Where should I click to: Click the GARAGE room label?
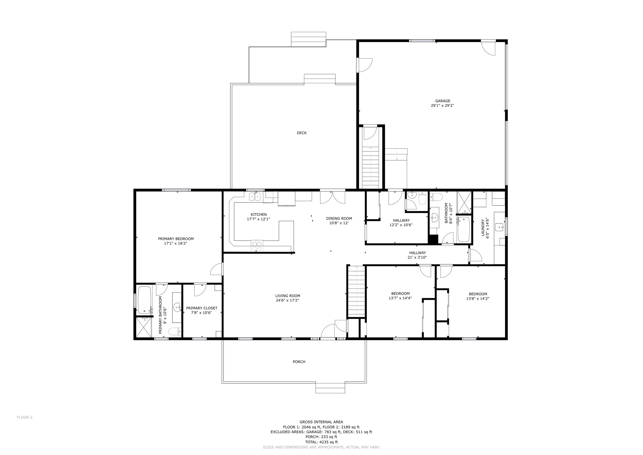(x=442, y=101)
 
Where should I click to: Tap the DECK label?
(x=302, y=133)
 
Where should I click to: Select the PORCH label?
(x=299, y=362)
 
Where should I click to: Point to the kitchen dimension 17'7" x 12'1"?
(x=258, y=219)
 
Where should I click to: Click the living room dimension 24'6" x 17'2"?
(x=287, y=300)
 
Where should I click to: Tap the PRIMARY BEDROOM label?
(x=176, y=239)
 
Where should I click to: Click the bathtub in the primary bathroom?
(x=145, y=300)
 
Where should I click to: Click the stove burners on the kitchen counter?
(x=257, y=246)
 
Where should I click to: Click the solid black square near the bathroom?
(x=433, y=239)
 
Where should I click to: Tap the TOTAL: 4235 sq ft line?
(x=321, y=442)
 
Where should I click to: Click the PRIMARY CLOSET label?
(x=202, y=308)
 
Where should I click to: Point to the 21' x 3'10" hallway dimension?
(x=417, y=257)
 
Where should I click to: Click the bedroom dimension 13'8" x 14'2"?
(x=478, y=298)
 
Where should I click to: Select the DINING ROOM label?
(x=339, y=218)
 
